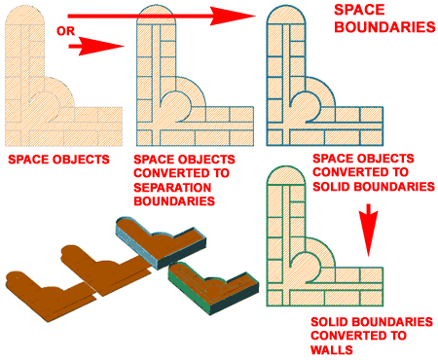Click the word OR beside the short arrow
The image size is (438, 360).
point(66,31)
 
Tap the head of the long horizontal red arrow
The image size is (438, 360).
point(233,16)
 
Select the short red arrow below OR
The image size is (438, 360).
point(96,47)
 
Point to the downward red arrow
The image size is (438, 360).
point(368,231)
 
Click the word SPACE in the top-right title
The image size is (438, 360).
point(359,10)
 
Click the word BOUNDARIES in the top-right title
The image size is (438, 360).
point(384,27)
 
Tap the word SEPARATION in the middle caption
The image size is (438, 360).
point(172,188)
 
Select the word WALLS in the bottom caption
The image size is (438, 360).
point(332,350)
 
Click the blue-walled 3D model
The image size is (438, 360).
point(162,242)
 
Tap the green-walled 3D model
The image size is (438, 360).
point(213,288)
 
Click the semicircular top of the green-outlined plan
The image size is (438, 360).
point(286,176)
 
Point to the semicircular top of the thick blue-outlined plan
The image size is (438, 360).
point(286,15)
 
